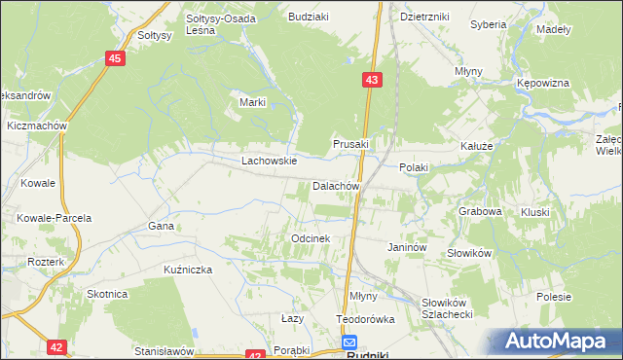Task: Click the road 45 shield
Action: point(116,59)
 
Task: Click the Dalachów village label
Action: point(337,186)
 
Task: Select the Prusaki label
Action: point(351,143)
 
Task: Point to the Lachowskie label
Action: point(270,161)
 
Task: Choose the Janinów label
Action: point(408,248)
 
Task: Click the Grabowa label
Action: point(480,211)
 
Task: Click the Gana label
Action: point(161,226)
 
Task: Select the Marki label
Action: point(253,102)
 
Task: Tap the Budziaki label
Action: point(308,17)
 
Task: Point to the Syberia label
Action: point(488,24)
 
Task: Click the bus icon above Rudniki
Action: point(349,342)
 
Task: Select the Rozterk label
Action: point(46,263)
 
